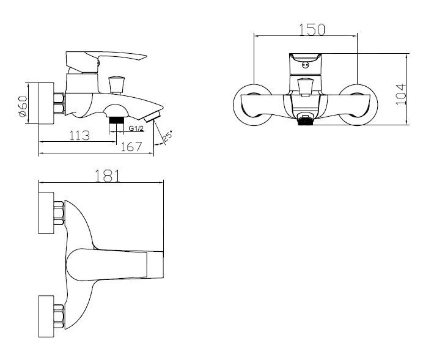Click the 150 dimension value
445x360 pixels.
312,29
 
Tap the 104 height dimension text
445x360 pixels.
401,95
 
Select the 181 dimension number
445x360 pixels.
108,176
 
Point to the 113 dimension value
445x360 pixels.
79,136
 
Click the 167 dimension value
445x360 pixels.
131,147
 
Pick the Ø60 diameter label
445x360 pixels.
23,106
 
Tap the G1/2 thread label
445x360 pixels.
136,128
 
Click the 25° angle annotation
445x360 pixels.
167,136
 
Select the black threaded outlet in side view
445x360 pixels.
117,120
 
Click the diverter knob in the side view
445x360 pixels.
116,85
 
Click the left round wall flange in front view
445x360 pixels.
252,105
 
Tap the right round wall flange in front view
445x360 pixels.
358,105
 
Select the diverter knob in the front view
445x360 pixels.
306,87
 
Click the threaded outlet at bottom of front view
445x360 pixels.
306,122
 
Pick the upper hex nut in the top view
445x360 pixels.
59,213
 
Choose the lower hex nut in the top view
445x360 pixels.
59,317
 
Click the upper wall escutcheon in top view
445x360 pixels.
46,213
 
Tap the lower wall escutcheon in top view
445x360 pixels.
46,317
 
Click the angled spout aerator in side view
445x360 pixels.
153,117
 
